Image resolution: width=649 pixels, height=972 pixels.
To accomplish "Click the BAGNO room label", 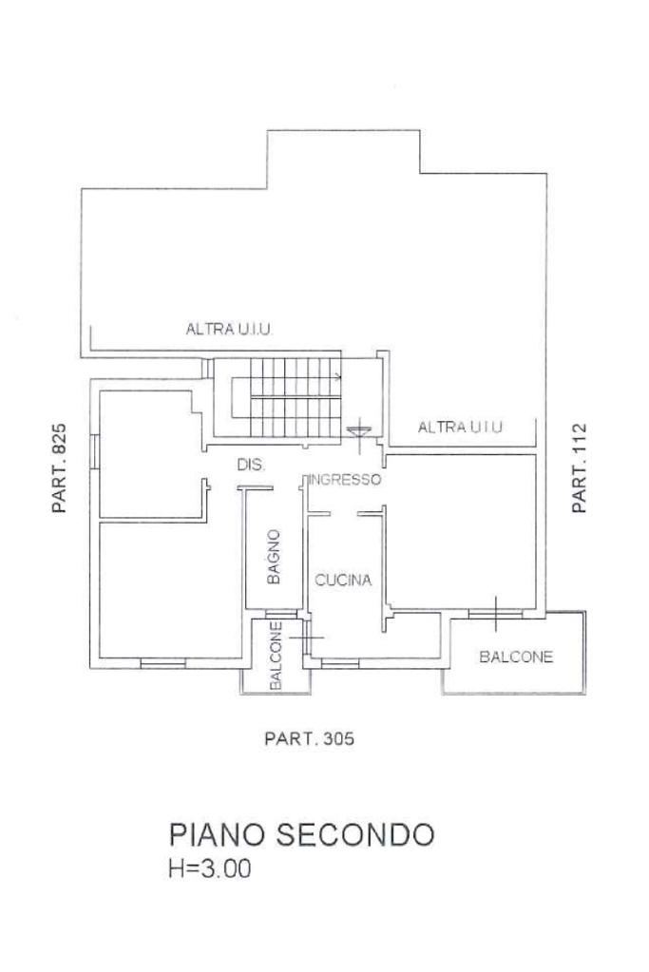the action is [274, 557].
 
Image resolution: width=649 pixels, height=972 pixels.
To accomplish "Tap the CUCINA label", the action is [343, 581].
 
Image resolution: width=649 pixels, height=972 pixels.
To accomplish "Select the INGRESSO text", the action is [345, 480].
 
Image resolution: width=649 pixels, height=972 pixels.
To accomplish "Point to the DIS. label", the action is [251, 465].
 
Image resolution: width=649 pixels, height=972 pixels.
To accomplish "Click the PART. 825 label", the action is [60, 468].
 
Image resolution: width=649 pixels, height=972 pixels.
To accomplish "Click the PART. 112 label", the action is [579, 468].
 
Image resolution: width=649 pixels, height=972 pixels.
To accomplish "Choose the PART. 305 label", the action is [310, 738].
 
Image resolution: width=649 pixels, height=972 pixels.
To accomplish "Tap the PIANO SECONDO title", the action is [302, 834].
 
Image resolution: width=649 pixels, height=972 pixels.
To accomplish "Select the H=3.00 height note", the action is [210, 868].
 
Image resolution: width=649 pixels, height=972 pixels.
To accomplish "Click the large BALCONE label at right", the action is [516, 657].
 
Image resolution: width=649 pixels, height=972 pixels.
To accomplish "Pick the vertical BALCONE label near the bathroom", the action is [277, 656].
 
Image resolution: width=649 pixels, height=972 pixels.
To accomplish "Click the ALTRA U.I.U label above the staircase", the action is [229, 329].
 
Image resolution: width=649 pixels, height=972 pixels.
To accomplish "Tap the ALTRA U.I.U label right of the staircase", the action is [460, 428].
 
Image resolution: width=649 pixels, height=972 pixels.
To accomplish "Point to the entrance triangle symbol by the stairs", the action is [359, 429].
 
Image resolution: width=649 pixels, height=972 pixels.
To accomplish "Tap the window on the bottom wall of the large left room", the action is [163, 662].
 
